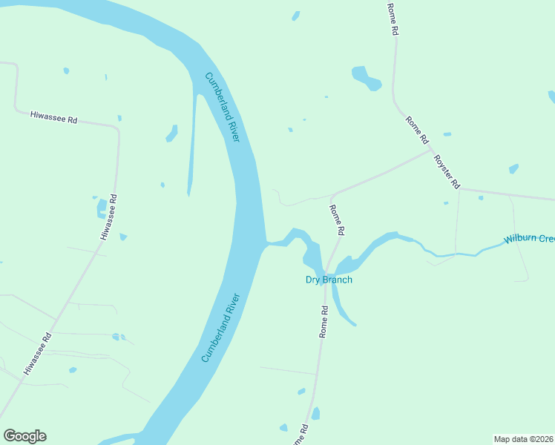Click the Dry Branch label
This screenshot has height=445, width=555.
(329, 280)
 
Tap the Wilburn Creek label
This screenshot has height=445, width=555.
(529, 239)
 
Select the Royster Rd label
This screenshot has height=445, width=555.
(447, 171)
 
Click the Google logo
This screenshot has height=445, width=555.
(24, 436)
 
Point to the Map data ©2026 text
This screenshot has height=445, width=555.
(523, 439)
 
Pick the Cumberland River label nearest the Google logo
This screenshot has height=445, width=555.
(221, 328)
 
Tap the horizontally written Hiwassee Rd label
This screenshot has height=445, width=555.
(53, 117)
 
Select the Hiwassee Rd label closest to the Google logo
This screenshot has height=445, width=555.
(37, 353)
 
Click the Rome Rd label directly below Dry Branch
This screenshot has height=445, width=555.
(324, 321)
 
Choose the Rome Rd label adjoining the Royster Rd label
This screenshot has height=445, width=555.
(417, 130)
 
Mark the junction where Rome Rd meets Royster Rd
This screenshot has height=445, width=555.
(431, 149)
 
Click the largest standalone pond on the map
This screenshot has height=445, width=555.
(366, 77)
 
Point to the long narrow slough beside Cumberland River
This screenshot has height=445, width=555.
(193, 141)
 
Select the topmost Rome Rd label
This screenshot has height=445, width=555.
(393, 19)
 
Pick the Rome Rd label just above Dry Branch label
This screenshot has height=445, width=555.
(337, 220)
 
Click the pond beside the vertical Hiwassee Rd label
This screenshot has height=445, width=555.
(101, 208)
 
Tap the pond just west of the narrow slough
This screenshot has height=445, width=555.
(172, 133)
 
